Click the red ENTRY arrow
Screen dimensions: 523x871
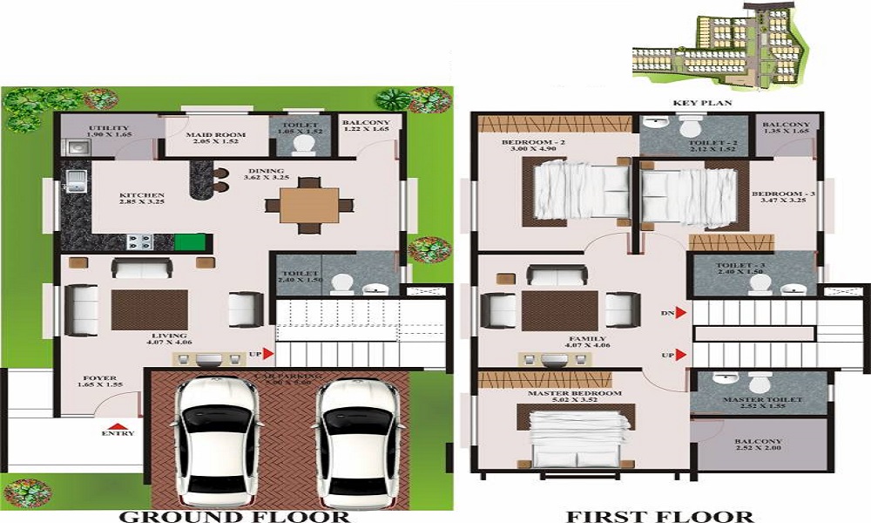point(118,419)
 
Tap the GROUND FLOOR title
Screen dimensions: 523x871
point(234,516)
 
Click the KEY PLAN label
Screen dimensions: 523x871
point(701,103)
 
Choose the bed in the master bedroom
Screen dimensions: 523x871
point(577,441)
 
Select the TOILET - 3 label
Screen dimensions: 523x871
point(740,268)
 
